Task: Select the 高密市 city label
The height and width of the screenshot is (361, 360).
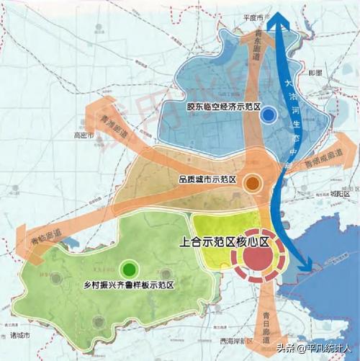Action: [x=85, y=135]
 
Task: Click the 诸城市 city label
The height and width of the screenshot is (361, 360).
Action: [x=19, y=335]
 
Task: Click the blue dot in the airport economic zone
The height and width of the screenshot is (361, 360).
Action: [x=269, y=114]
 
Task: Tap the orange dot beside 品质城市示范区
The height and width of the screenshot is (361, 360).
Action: [x=252, y=184]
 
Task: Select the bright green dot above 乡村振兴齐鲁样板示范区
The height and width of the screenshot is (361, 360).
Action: [x=129, y=270]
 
